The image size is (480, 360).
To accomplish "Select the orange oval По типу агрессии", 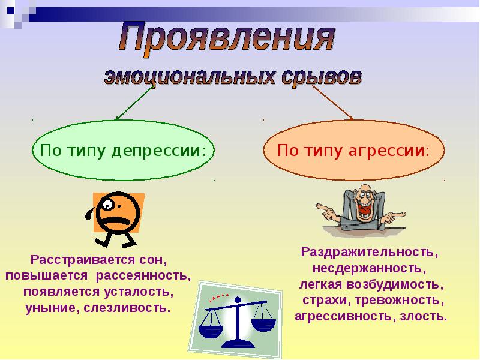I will tap(353, 149).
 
